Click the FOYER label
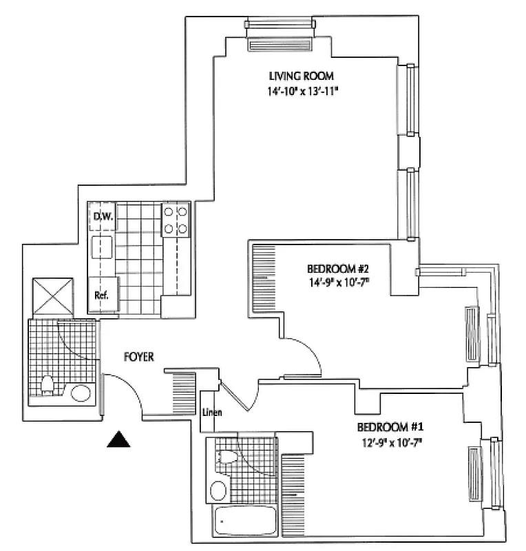click(x=138, y=357)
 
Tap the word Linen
click(x=211, y=413)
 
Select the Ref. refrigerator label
click(x=103, y=295)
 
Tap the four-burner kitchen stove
click(x=176, y=220)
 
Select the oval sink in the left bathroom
click(x=81, y=393)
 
